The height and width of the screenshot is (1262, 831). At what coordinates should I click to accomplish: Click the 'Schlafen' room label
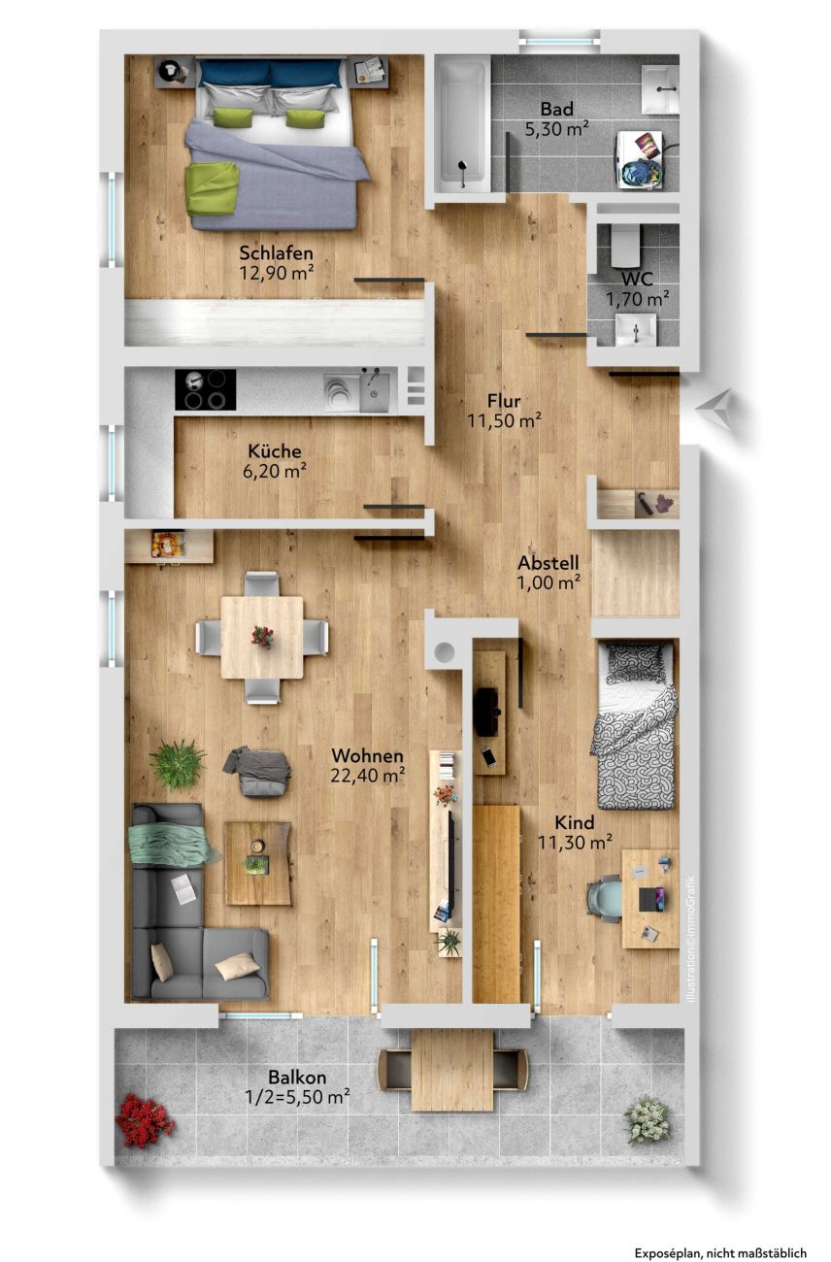point(276,252)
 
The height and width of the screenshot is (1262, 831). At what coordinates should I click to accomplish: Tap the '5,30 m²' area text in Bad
point(556,129)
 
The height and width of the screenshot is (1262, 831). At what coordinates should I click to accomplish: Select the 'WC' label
point(637,279)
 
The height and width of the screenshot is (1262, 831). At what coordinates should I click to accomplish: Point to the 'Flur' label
point(504,401)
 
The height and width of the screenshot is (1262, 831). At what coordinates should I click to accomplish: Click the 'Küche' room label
point(275,450)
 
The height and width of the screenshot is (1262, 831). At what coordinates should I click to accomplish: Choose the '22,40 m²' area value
point(367,776)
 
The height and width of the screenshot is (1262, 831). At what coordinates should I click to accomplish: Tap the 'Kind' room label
point(574,822)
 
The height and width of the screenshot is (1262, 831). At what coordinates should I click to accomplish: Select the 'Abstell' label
point(548,563)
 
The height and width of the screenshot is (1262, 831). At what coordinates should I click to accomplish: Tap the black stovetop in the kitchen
point(205,389)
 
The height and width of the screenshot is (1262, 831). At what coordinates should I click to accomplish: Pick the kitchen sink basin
point(374,390)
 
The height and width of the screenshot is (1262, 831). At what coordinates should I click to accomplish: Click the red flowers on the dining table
point(262,636)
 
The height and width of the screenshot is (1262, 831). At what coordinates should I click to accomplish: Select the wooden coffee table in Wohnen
point(258,863)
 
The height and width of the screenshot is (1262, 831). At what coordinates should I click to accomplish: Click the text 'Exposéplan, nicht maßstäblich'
point(720,1249)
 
